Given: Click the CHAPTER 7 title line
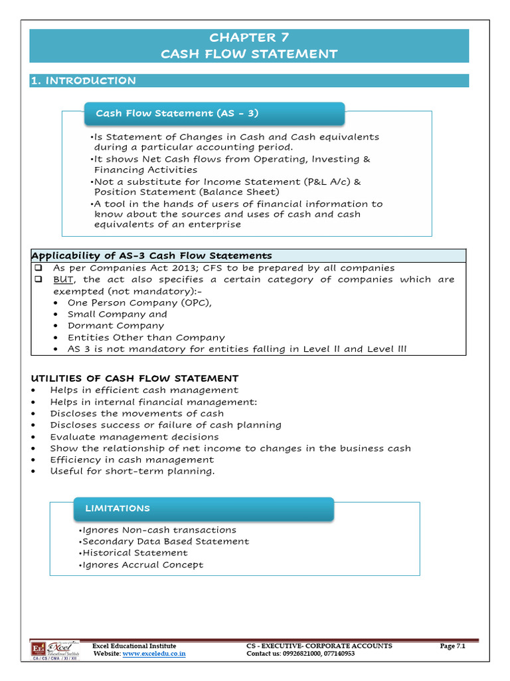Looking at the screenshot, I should tap(249, 37).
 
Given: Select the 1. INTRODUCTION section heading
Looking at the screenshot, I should tap(84, 80).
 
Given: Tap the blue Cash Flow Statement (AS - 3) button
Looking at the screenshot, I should tap(214, 113).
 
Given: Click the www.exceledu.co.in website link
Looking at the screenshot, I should tap(154, 654).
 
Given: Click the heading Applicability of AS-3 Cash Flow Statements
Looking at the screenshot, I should tap(152, 255).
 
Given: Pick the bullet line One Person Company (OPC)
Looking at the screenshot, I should tap(126, 303).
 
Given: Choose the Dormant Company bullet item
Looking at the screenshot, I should tap(116, 326).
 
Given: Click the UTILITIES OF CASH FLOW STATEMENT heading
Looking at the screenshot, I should tap(135, 378).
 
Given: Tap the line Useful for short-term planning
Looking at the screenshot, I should tap(133, 471).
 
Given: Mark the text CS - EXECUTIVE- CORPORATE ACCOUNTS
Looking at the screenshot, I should tap(319, 646).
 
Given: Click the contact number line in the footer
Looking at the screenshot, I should tap(300, 654).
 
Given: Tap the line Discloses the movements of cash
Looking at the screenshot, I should tap(137, 413).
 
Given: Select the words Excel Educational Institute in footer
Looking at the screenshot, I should tap(134, 646).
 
